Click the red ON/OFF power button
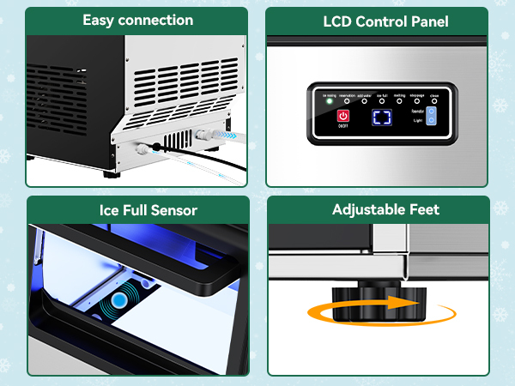[x=343, y=116]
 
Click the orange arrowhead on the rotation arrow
[x=409, y=303]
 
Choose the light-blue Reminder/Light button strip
[x=432, y=118]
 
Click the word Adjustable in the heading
[x=363, y=210]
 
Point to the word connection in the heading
[x=155, y=20]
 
